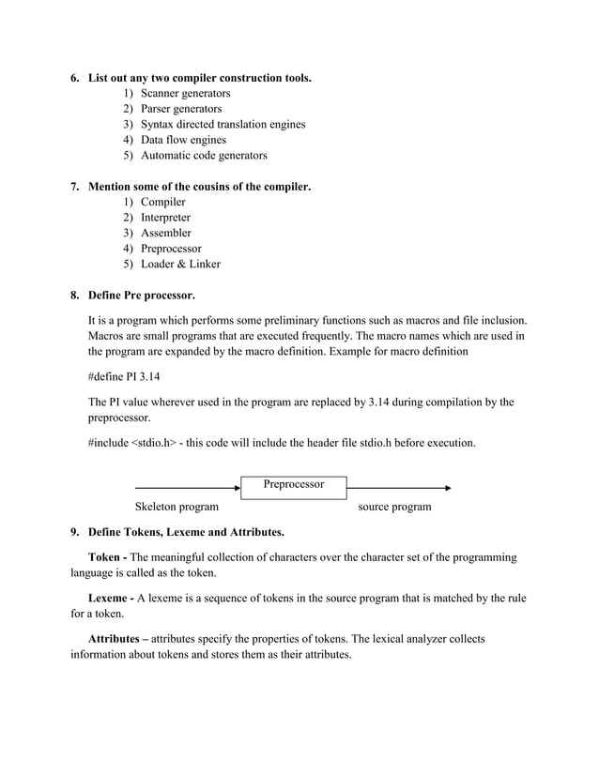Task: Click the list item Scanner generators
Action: (185, 94)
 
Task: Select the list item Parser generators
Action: (182, 109)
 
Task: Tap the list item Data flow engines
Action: (183, 140)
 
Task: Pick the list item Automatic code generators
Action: (204, 155)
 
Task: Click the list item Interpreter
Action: (165, 218)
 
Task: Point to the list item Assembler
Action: (165, 233)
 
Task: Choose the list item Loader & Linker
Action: (180, 264)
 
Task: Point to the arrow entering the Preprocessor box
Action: (188, 488)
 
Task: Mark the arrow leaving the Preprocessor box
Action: (399, 488)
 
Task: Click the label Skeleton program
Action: (177, 507)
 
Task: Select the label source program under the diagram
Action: (395, 507)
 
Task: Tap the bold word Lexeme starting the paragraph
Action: (108, 598)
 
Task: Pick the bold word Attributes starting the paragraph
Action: (116, 638)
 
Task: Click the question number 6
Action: (75, 77)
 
